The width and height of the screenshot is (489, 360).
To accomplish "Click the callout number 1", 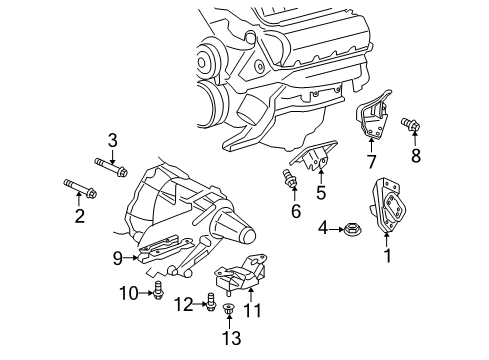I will coord(387,256).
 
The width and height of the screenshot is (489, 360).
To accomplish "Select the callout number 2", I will coord(79,214).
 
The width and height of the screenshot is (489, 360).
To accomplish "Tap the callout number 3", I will coord(113,139).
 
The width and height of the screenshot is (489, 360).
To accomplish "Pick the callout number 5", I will coord(320,191).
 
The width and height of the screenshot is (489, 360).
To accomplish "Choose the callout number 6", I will coord(295,211).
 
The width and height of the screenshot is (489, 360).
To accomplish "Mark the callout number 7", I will coord(370,161).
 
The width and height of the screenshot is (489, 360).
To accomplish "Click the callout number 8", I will coord(416,155).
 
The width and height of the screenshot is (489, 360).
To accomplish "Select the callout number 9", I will coord(118,258).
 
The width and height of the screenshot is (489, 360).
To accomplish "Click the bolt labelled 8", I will coord(411,126).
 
